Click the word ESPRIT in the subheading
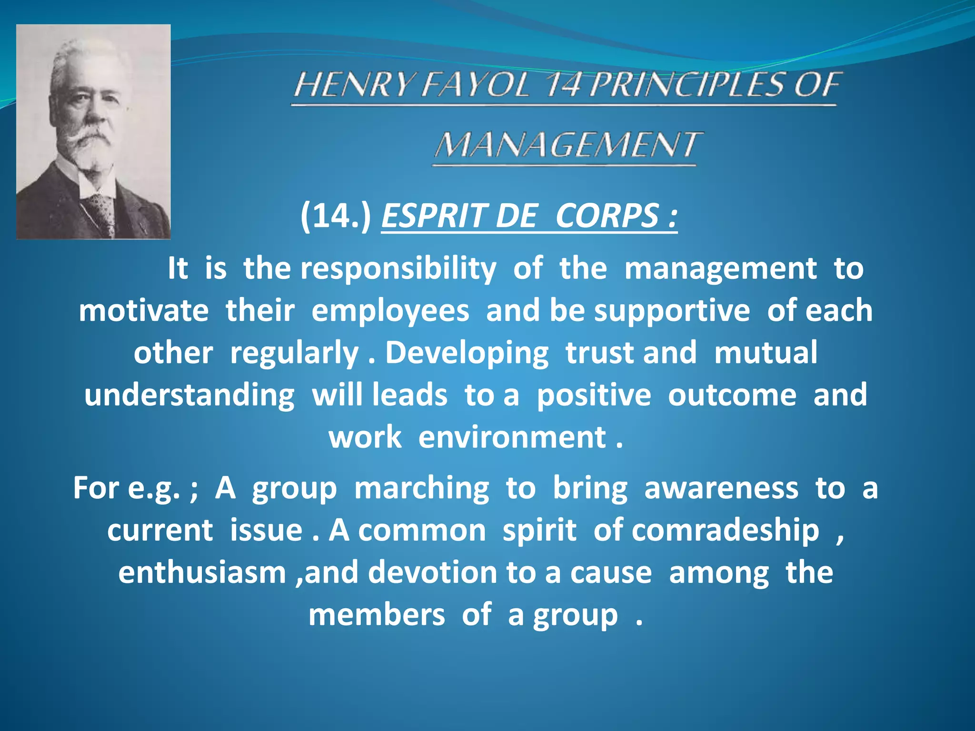[x=434, y=216]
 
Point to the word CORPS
[x=607, y=216]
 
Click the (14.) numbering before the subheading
[x=336, y=216]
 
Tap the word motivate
[x=143, y=311]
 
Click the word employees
[x=390, y=311]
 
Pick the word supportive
[x=672, y=311]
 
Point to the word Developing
[x=467, y=353]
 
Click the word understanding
[x=189, y=395]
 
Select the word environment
[x=512, y=437]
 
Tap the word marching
[x=421, y=488]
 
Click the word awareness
[x=721, y=488]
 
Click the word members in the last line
[x=377, y=614]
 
